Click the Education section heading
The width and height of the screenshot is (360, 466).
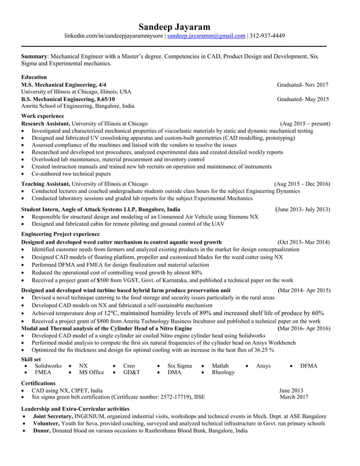(34, 77)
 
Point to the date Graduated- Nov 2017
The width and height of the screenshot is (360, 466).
(302, 85)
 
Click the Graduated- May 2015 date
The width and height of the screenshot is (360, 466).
(302, 99)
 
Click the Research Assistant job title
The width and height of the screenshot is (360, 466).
(45, 123)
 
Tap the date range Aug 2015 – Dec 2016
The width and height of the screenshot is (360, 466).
(302, 184)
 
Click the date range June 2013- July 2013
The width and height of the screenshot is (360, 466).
(302, 209)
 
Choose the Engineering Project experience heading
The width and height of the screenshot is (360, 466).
(60, 234)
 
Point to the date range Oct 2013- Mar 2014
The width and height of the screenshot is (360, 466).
(304, 242)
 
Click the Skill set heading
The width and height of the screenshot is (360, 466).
(30, 359)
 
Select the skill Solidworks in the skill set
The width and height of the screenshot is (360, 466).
(48, 366)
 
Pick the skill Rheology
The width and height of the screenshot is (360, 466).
(223, 373)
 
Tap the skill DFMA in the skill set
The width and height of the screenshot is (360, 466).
(309, 366)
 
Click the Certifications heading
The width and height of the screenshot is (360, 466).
(38, 383)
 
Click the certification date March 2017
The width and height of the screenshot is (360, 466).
(294, 397)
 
